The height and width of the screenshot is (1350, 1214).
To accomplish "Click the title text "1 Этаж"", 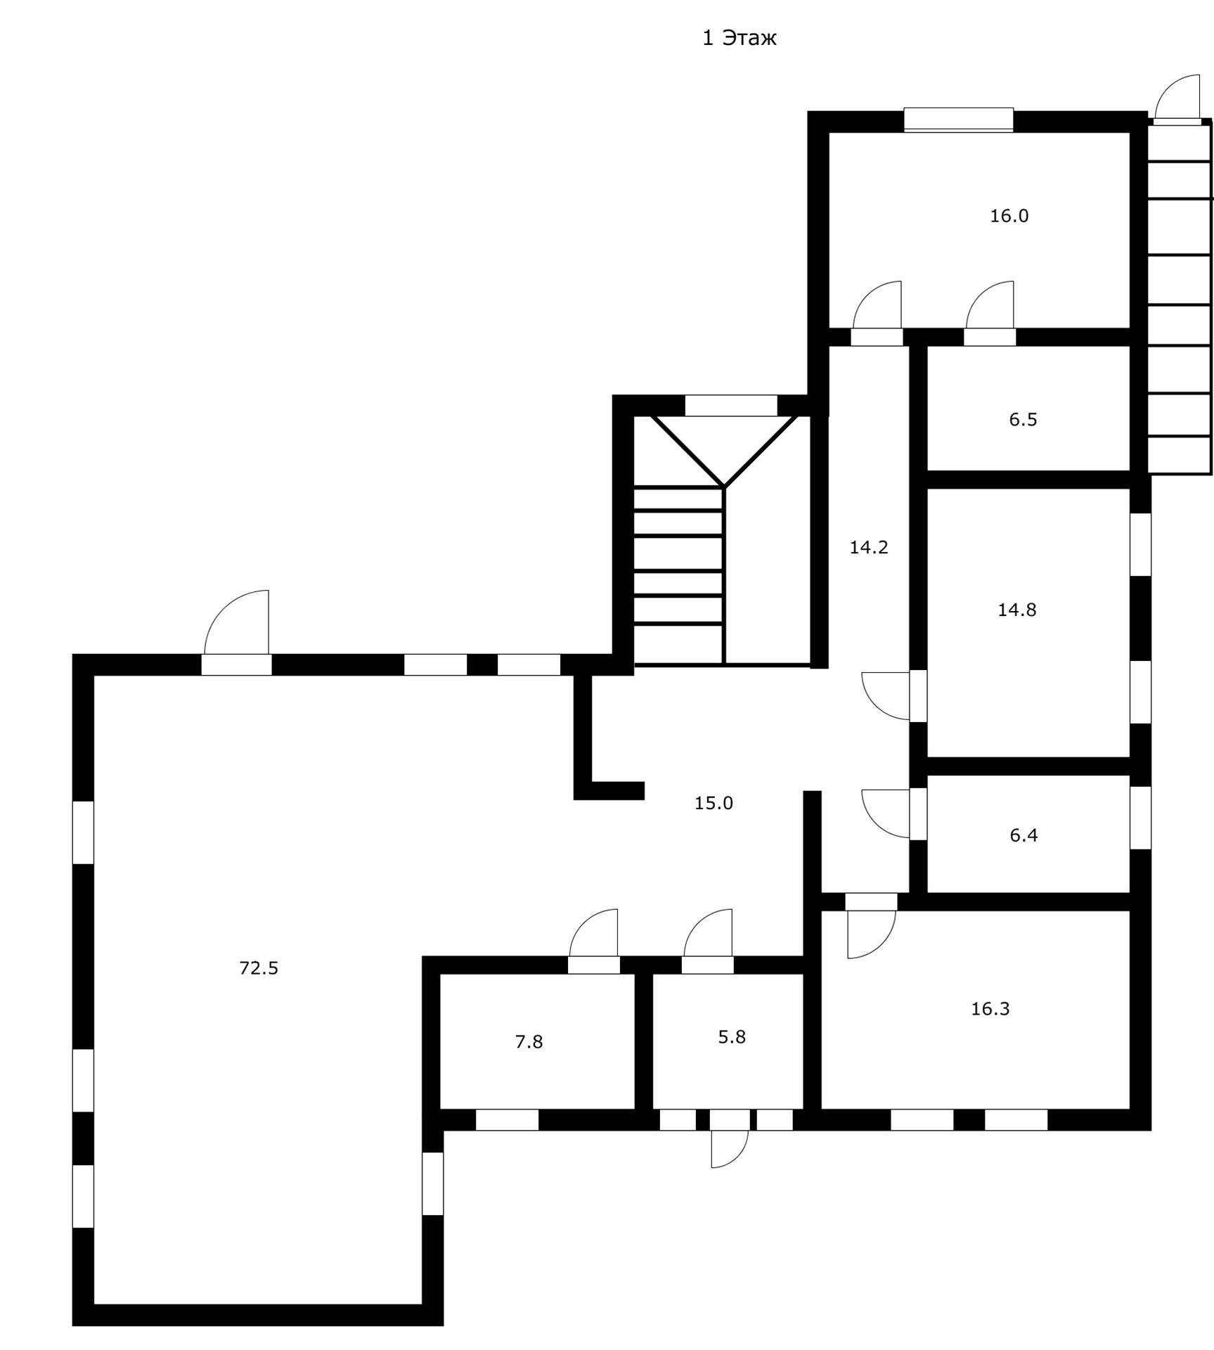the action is point(739,38).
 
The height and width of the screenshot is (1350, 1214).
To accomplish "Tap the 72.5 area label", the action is point(259,968).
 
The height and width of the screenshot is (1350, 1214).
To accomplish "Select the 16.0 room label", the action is point(1009,216).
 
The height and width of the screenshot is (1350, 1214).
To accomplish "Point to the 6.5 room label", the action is point(1023,420).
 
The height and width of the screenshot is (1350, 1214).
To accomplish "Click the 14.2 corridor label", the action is point(869,547).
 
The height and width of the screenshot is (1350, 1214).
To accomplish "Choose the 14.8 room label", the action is point(1017,610).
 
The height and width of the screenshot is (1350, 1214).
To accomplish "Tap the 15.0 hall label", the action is point(713,802).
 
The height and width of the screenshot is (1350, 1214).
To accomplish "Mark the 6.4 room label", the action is point(1023,835).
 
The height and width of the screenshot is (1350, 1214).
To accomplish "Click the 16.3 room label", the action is point(990,1009).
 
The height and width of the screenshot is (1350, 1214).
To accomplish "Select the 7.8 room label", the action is point(529,1042).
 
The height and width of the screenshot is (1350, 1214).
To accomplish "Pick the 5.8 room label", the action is point(731,1036).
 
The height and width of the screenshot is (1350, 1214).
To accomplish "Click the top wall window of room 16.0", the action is point(958,120).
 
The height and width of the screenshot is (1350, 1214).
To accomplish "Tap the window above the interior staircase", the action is point(731,406).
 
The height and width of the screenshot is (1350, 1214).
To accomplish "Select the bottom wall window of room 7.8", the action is point(507,1120).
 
